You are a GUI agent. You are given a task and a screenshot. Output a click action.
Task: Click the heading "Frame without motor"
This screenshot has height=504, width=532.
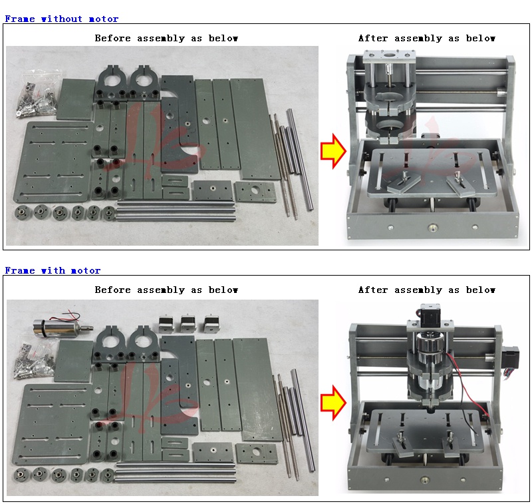[61, 19]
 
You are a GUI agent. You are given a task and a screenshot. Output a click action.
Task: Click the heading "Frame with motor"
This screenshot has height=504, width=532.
[53, 271]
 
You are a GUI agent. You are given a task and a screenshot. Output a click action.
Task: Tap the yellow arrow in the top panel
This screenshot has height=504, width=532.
[334, 151]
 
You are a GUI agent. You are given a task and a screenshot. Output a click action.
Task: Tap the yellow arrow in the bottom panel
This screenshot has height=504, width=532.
[334, 403]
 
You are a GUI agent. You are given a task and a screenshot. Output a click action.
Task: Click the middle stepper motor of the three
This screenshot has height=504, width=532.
[189, 324]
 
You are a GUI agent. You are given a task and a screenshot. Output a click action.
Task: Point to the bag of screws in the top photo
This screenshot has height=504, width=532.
[38, 94]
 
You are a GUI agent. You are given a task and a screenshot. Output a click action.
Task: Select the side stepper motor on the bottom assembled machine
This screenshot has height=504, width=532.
[510, 361]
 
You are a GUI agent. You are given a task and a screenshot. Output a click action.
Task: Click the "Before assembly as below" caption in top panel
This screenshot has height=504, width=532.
[166, 38]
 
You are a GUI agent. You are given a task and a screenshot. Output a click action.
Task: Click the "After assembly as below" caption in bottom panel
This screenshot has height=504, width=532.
[427, 290]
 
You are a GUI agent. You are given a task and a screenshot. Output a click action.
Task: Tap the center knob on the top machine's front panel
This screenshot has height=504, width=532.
[432, 227]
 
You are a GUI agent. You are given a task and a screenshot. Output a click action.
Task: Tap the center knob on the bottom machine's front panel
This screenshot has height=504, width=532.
[424, 479]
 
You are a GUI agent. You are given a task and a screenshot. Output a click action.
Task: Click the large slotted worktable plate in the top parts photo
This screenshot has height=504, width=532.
[54, 162]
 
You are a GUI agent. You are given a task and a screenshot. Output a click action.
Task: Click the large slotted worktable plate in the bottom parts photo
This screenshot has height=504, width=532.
[52, 424]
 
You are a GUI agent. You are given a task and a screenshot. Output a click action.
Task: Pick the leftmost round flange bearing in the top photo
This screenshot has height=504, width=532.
[23, 213]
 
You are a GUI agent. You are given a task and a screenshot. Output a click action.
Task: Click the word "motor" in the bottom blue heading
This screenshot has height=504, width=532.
[86, 271]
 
